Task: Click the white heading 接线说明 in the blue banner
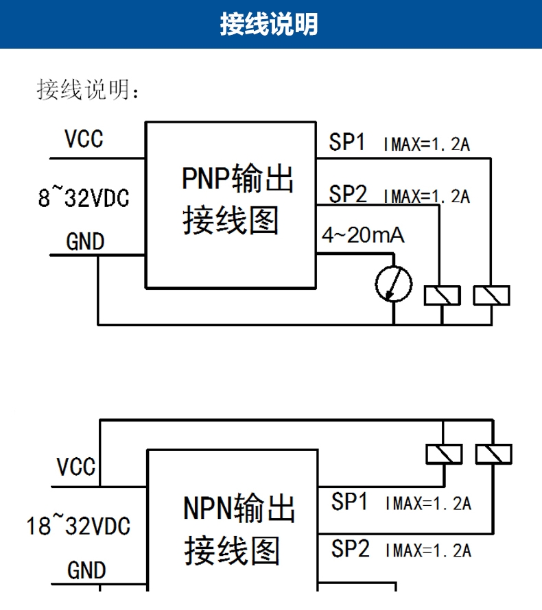[x=269, y=24]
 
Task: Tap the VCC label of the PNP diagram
[x=84, y=139]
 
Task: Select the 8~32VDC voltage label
[x=83, y=199]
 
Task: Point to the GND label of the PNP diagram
[x=85, y=242]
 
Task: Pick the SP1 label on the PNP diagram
[x=347, y=143]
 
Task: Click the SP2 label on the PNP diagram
[x=348, y=195]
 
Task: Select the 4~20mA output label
[x=363, y=236]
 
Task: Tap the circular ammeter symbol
[x=394, y=284]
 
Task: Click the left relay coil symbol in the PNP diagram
[x=443, y=295]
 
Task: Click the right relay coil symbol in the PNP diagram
[x=492, y=295]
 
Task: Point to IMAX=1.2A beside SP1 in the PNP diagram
[x=426, y=145]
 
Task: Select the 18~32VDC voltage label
[x=78, y=526]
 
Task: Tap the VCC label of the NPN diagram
[x=76, y=467]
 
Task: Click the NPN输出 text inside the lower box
[x=239, y=509]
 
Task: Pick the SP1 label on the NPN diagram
[x=350, y=502]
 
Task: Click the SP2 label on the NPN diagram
[x=350, y=548]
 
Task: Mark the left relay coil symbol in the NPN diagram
[x=444, y=454]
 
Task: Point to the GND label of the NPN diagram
[x=86, y=570]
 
